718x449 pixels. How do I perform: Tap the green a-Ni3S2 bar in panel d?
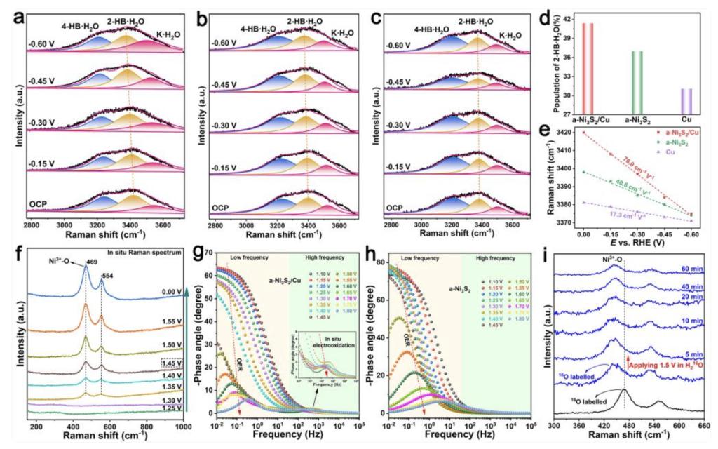coord(636,81)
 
